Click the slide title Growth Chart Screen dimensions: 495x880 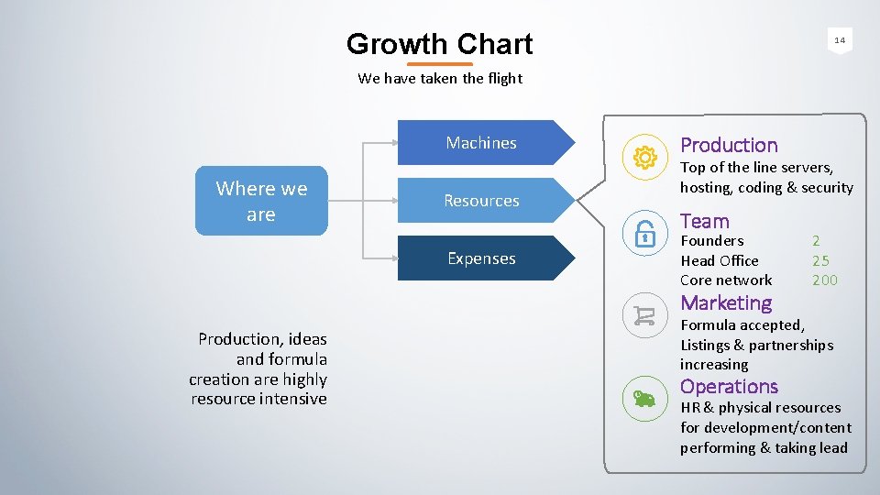[x=439, y=44]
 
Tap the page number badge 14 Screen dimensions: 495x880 [x=839, y=40]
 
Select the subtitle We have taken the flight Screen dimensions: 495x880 [x=440, y=78]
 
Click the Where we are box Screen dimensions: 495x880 [x=261, y=201]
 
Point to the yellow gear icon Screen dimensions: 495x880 [x=644, y=158]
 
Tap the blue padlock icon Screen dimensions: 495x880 [x=644, y=235]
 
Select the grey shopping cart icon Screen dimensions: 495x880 [x=644, y=316]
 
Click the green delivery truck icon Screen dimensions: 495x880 [x=644, y=398]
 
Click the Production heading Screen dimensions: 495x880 [x=729, y=145]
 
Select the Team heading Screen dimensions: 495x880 [x=705, y=221]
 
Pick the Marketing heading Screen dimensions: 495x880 [x=726, y=302]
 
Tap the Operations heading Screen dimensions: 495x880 [x=729, y=386]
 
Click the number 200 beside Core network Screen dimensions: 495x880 [x=825, y=280]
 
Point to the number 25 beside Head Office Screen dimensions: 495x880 [x=820, y=260]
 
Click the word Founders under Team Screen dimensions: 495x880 [x=712, y=241]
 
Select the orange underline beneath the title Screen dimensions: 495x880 [x=439, y=64]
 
